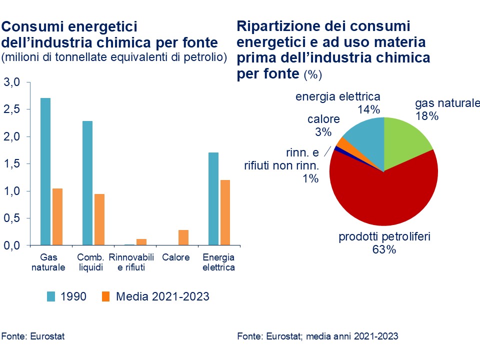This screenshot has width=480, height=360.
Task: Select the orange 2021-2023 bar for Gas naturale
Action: point(57,217)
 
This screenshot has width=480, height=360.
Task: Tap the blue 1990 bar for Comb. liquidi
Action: point(87,183)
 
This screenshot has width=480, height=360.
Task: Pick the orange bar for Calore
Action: point(183,238)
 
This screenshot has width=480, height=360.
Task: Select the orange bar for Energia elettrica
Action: point(225,213)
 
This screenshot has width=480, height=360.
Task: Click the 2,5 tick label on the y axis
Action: point(12,109)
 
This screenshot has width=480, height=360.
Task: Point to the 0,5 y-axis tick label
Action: point(12,219)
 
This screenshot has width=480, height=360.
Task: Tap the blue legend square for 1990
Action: point(51,296)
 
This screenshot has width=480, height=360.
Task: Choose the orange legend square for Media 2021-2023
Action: point(105,296)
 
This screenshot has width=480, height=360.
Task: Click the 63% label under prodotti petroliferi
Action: point(384,249)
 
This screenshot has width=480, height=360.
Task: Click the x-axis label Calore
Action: point(176,257)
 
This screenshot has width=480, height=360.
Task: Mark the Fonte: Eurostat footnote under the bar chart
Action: point(33,336)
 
